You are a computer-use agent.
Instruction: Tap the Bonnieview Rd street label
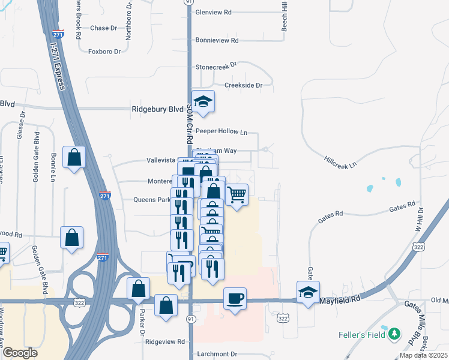pos(217,40)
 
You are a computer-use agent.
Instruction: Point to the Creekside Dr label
pos(244,85)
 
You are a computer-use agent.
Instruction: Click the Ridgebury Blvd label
pos(157,110)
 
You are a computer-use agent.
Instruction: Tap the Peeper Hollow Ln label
pos(221,131)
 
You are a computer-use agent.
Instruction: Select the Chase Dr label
pos(103,28)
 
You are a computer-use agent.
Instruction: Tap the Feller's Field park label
pos(361,334)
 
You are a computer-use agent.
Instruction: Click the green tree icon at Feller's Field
pos(394,334)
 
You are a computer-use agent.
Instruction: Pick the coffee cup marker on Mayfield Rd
pos(235,298)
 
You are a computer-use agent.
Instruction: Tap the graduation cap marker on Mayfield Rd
pos(309,292)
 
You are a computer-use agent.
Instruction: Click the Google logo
pos(20,353)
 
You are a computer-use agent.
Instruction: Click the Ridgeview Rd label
pos(165,341)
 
